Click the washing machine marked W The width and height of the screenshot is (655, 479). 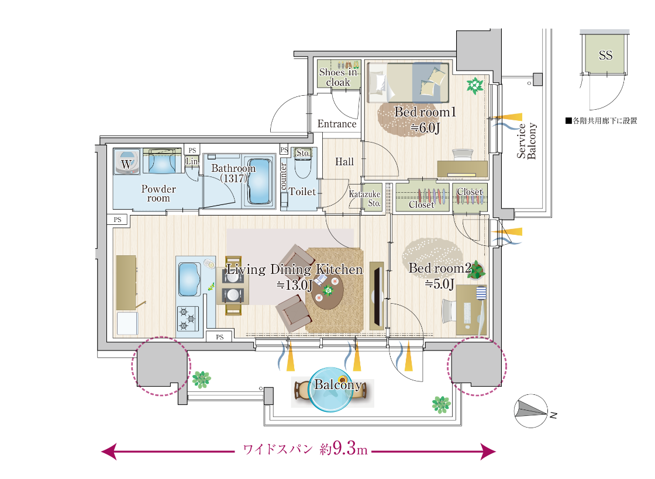pyautogui.click(x=126, y=161)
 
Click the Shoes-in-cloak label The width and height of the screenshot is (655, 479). pyautogui.click(x=339, y=77)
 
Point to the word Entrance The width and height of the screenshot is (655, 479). pyautogui.click(x=337, y=124)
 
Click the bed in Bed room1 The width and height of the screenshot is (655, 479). pyautogui.click(x=408, y=82)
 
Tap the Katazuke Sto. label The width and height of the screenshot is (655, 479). pyautogui.click(x=365, y=199)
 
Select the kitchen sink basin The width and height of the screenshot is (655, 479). pyautogui.click(x=189, y=279)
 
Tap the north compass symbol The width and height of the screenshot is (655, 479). pyautogui.click(x=531, y=411)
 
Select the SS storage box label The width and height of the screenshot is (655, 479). pyautogui.click(x=605, y=55)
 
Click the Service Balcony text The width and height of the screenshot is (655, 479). pyautogui.click(x=526, y=141)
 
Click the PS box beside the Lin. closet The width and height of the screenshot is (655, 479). pyautogui.click(x=192, y=150)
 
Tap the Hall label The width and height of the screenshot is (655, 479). pyautogui.click(x=344, y=161)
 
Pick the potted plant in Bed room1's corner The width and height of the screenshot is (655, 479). pyautogui.click(x=475, y=85)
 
